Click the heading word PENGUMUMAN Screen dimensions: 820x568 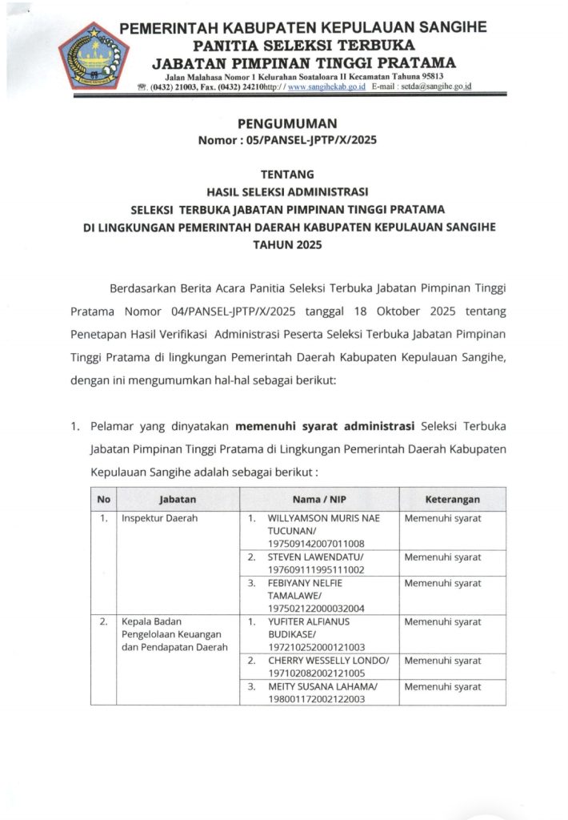point(287,123)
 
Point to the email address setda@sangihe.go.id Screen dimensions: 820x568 point(438,86)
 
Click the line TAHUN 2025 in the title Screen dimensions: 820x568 point(287,246)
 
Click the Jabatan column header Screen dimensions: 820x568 point(178,499)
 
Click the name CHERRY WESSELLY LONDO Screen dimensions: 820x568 point(328,661)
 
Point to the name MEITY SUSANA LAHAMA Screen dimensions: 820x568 point(322,686)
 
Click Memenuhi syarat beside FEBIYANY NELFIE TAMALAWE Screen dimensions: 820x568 point(442,583)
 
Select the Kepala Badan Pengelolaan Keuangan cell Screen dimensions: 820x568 point(173,633)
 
